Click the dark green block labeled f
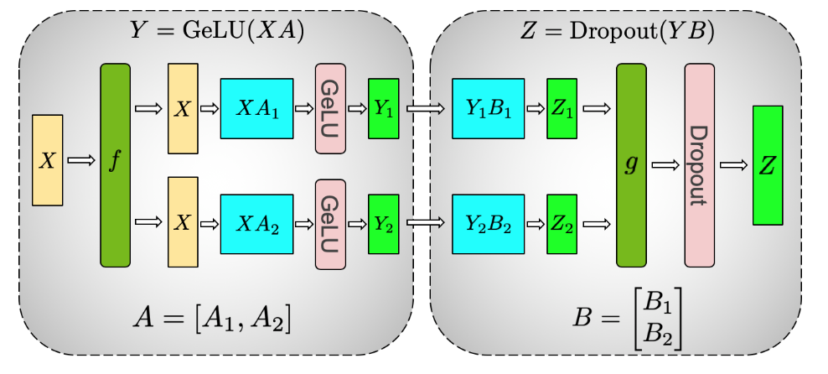pos(115,164)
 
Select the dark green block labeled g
pos(631,164)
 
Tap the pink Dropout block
pos(699,164)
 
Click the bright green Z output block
pos(767,165)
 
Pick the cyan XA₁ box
pos(256,108)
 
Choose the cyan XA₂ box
pos(256,224)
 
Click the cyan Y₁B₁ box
pos(487,108)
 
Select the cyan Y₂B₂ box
pos(487,224)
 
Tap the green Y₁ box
pos(384,108)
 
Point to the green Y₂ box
pos(384,224)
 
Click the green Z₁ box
pos(561,108)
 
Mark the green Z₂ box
pos(561,224)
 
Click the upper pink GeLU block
pos(330,108)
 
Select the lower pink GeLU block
pos(330,224)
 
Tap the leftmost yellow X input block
pos(48,160)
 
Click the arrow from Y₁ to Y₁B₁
pos(425,108)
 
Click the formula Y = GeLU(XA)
pos(216,32)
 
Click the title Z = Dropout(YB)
pos(618,32)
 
